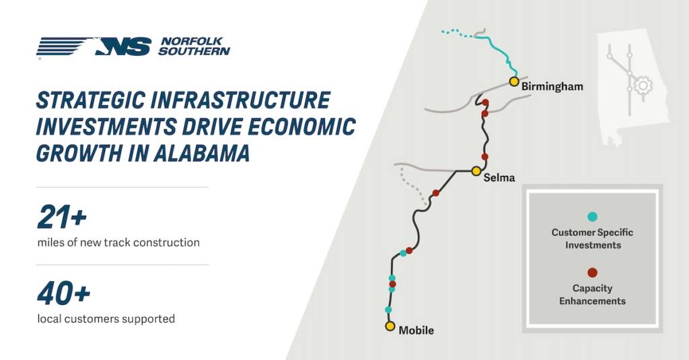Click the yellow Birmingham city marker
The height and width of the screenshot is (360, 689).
513,81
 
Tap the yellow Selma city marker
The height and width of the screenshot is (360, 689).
476,171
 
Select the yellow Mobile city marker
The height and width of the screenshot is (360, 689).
390,326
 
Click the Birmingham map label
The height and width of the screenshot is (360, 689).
552,87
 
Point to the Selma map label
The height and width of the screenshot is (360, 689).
499,178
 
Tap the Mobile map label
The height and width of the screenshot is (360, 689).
416,330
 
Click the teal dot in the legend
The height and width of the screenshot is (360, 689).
592,217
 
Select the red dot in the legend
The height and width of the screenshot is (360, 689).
592,273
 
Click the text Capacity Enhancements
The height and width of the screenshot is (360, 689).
592,295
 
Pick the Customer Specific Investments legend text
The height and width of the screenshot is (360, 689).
592,239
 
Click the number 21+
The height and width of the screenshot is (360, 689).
62,217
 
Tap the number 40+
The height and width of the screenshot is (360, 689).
64,293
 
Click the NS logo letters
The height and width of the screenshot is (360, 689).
124,46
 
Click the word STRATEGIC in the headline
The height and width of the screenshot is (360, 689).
91,100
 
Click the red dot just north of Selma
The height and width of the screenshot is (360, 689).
484,157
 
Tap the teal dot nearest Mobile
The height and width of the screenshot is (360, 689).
388,310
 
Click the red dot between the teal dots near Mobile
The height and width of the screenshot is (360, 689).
392,284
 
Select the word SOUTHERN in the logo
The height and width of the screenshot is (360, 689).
194,51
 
